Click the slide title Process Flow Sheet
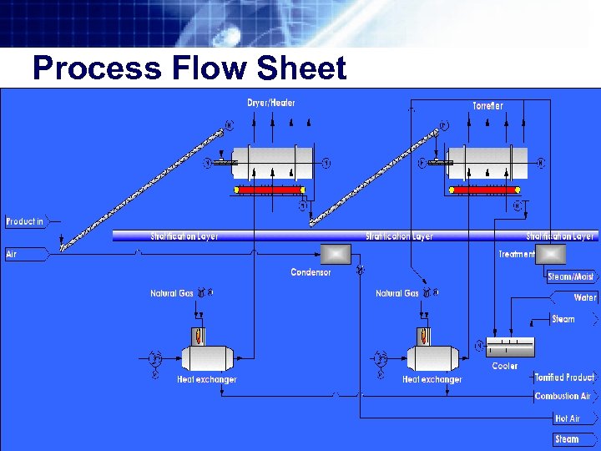pyautogui.click(x=189, y=68)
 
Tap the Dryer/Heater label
pyautogui.click(x=270, y=103)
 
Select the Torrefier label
pyautogui.click(x=487, y=106)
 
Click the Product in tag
pyautogui.click(x=25, y=221)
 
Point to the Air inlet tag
pyautogui.click(x=13, y=254)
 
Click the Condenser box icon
pyautogui.click(x=336, y=254)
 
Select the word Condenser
pyautogui.click(x=311, y=272)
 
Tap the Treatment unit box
pyautogui.click(x=551, y=254)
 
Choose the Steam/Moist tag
pyautogui.click(x=572, y=277)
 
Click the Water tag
pyautogui.click(x=585, y=297)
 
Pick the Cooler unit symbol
pyautogui.click(x=510, y=347)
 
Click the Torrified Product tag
pyautogui.click(x=565, y=378)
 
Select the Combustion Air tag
pyautogui.click(x=563, y=396)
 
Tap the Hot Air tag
pyautogui.click(x=568, y=418)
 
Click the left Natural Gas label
pyautogui.click(x=171, y=293)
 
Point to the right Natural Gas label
pyautogui.click(x=396, y=293)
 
